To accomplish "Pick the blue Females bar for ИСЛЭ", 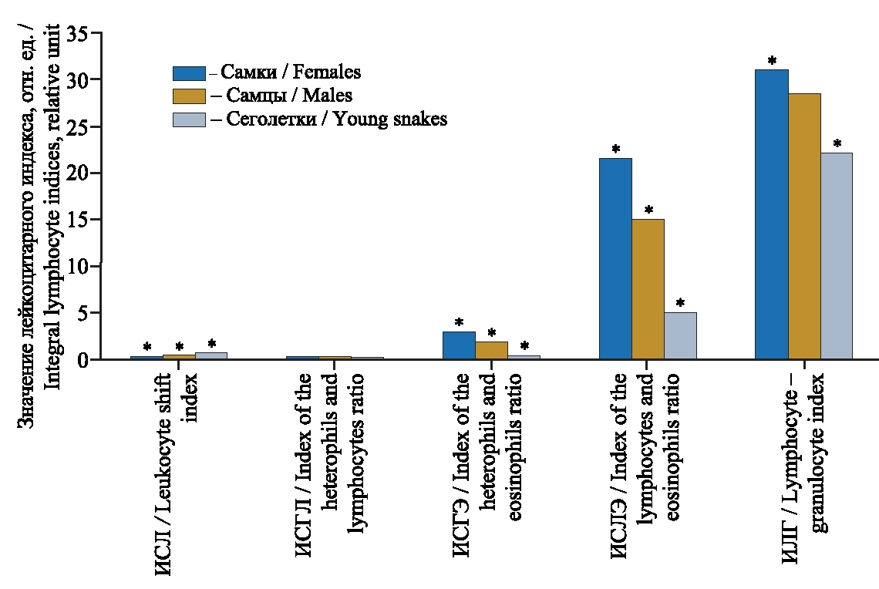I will [615, 258].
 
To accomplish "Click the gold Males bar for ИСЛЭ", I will [648, 289].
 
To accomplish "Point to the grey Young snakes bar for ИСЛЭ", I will [680, 335].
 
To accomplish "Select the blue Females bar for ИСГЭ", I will [459, 345].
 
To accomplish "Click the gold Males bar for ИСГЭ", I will [491, 350].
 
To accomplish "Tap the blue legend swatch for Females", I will [189, 73].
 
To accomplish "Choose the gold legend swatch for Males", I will [189, 96].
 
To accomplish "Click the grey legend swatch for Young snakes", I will [189, 119].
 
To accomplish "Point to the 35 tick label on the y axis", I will [78, 33].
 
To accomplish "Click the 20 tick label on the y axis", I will [78, 173].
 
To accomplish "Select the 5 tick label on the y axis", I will [83, 314].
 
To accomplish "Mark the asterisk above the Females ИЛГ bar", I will [772, 61].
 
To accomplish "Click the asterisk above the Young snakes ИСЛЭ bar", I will [680, 303].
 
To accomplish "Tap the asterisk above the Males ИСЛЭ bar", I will [648, 210].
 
